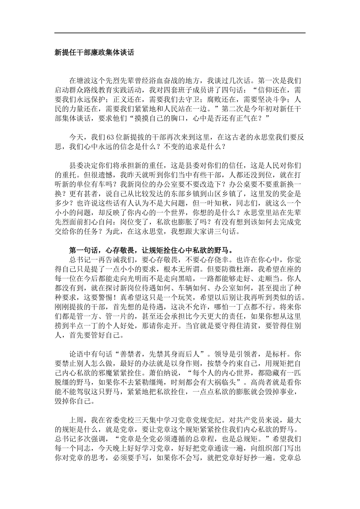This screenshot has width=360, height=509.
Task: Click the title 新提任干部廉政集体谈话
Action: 94,53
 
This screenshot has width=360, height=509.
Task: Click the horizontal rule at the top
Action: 180,33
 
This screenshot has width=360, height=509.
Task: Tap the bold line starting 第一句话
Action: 150,250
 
